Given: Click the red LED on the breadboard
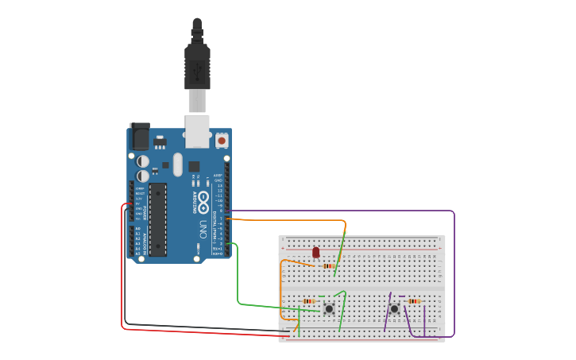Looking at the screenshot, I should pos(315,253).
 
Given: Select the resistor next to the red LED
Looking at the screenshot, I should pos(328,266).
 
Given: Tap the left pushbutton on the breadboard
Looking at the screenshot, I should pos(329,308).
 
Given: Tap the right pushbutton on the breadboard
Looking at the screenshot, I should pos(394,308).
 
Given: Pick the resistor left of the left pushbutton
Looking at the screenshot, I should pos(309,301).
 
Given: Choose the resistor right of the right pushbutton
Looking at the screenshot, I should pos(413,301).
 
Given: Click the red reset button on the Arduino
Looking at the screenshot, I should pos(222,140).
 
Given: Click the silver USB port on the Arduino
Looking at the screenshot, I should pos(197,130).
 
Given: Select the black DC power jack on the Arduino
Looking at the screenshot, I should pos(139,137).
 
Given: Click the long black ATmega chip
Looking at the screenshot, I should pos(157,219).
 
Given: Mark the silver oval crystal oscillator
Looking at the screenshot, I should pos(178,165).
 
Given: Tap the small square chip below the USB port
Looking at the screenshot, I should pos(194,166).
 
